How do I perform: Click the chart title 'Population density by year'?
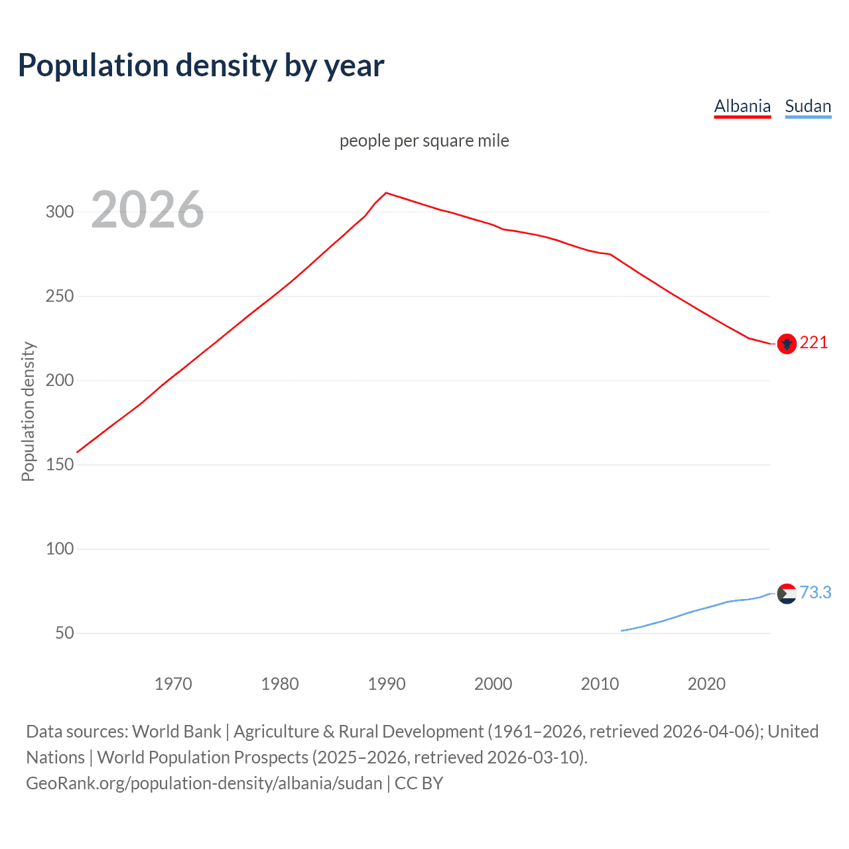click(201, 66)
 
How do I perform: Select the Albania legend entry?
click(742, 106)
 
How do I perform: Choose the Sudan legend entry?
click(807, 106)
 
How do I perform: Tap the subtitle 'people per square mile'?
click(424, 141)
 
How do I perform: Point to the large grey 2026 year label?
click(147, 210)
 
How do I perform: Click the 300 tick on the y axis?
click(59, 212)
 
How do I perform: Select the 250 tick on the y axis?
click(59, 296)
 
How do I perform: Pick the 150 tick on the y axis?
click(59, 465)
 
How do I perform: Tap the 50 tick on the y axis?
click(64, 633)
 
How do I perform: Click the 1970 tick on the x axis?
click(173, 684)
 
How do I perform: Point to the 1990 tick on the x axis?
click(387, 684)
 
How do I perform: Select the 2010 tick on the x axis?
click(600, 684)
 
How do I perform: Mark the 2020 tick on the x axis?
click(706, 684)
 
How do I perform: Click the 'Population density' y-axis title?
click(28, 411)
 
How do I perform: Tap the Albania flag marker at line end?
click(787, 344)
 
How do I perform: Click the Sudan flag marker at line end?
click(787, 594)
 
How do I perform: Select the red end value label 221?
click(814, 343)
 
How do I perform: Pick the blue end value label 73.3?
click(815, 592)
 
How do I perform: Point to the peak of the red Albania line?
click(387, 193)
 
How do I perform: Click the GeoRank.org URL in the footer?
click(204, 783)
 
